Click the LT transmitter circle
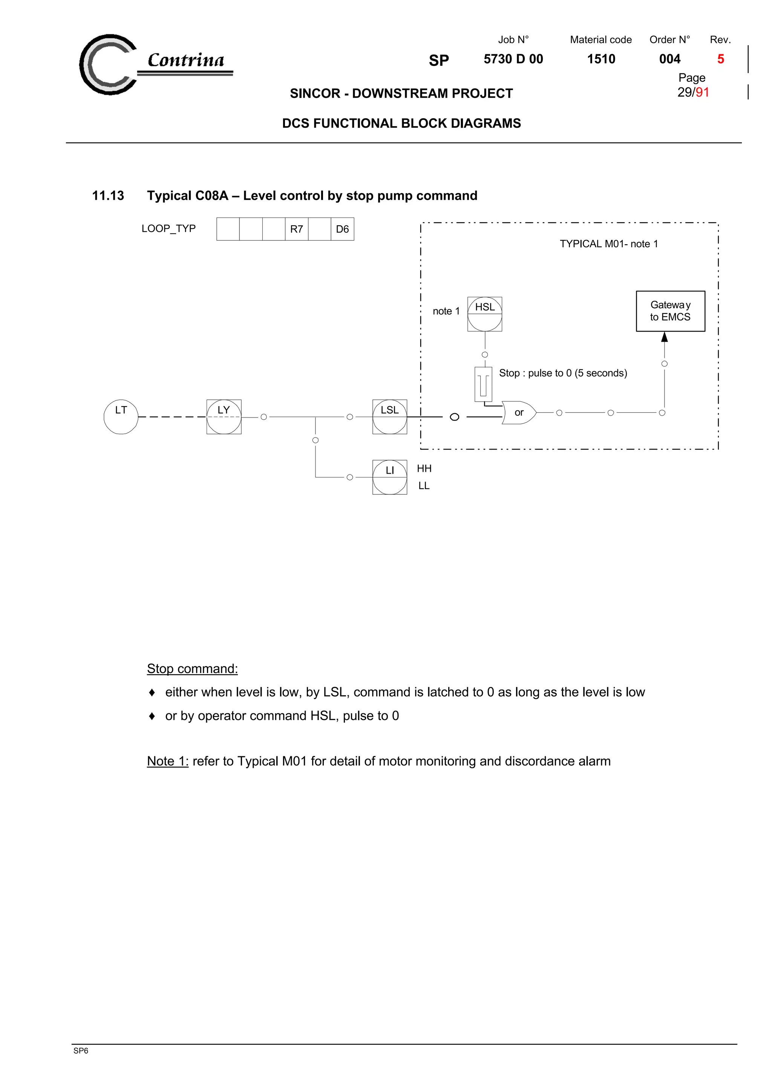(121, 417)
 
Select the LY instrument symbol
(224, 417)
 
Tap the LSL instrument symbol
(389, 417)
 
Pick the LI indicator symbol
(389, 477)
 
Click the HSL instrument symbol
(485, 314)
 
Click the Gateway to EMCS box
(670, 311)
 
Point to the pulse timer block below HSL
(483, 384)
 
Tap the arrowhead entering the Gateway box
(665, 337)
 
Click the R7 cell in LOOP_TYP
(296, 229)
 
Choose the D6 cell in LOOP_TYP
(343, 229)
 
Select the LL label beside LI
(424, 486)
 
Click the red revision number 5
(721, 59)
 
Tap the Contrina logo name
(186, 60)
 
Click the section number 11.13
(108, 196)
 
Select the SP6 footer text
(81, 1051)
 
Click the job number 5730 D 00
(513, 59)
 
